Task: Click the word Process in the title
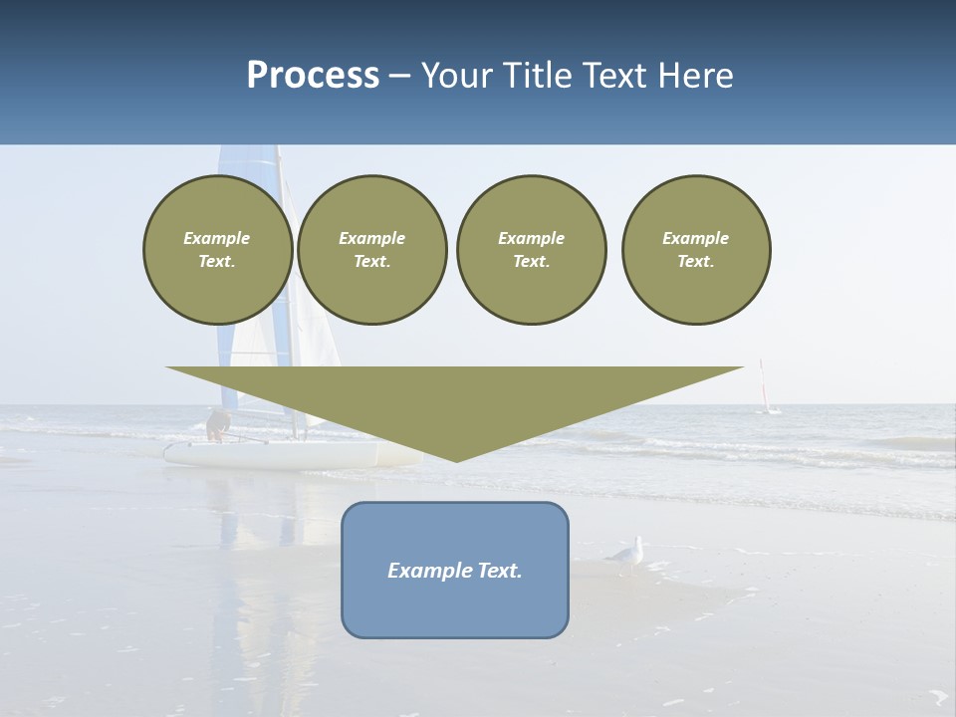pos(313,76)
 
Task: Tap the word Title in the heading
pos(540,76)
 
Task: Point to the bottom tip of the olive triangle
pos(456,459)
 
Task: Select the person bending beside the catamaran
pos(216,425)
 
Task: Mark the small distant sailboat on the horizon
pos(766,390)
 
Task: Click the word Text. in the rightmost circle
pos(696,262)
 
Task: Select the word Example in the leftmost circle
pos(217,238)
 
